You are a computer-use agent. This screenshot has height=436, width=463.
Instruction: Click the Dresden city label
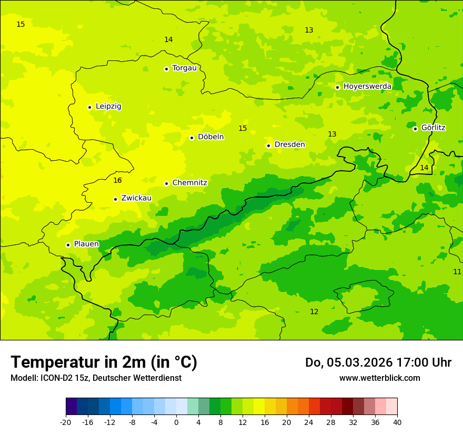point(289,144)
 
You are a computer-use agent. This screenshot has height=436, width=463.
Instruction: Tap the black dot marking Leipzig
point(89,107)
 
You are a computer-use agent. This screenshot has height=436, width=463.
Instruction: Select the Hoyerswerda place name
point(367,86)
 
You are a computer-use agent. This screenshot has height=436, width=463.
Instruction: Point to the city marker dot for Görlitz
point(415,129)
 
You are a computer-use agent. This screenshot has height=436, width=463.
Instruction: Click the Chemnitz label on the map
point(189,183)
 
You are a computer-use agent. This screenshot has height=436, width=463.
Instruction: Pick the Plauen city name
point(86,244)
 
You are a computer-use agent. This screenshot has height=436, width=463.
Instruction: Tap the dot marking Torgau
point(166,69)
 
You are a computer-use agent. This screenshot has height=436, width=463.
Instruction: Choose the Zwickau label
point(136,198)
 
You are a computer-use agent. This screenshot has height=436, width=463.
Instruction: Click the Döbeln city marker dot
point(192,138)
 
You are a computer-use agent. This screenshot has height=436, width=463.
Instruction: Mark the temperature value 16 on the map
point(117,180)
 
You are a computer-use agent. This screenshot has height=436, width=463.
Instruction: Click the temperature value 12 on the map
point(314,312)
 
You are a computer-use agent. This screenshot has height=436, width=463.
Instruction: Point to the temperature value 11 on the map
point(457,272)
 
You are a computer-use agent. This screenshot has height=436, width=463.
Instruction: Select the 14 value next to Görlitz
point(424,168)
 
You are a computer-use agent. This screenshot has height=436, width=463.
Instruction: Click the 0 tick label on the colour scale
point(176,422)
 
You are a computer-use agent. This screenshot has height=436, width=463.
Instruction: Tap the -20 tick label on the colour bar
point(66,422)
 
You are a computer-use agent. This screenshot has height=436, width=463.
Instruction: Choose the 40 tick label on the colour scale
point(397,422)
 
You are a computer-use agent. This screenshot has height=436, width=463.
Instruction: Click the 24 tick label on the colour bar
point(309,422)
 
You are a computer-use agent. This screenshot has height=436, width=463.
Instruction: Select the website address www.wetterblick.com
point(379,378)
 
